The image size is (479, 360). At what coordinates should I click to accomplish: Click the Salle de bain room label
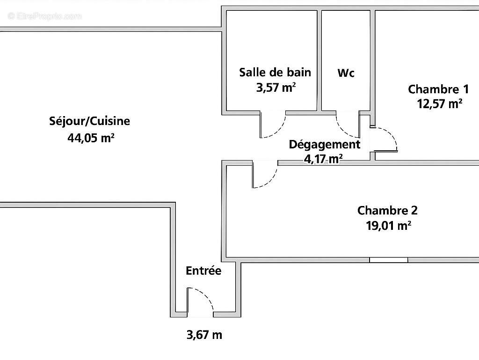click(275, 72)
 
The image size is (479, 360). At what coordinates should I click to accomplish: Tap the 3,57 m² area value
click(276, 87)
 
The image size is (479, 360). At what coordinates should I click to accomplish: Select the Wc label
click(346, 73)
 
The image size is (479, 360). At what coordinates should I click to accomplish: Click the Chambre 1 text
click(438, 89)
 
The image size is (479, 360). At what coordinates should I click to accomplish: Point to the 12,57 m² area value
click(440, 103)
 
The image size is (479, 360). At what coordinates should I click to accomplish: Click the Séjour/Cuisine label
click(90, 121)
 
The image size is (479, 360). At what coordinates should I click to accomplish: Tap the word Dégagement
click(324, 144)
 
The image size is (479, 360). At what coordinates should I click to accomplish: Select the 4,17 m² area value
click(323, 159)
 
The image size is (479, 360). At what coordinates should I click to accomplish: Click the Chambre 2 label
click(387, 210)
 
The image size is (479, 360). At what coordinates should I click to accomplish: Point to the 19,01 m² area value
click(388, 226)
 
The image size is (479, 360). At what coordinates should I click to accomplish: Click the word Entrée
click(203, 271)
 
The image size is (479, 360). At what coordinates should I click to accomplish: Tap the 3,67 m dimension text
click(204, 335)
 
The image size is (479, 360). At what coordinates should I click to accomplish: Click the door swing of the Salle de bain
click(273, 126)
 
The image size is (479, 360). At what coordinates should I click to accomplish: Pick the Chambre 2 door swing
click(265, 175)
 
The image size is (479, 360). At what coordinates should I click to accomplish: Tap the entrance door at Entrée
click(199, 301)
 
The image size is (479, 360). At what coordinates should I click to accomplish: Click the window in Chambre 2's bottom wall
click(388, 260)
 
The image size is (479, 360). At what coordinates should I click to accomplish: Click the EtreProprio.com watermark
click(44, 16)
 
